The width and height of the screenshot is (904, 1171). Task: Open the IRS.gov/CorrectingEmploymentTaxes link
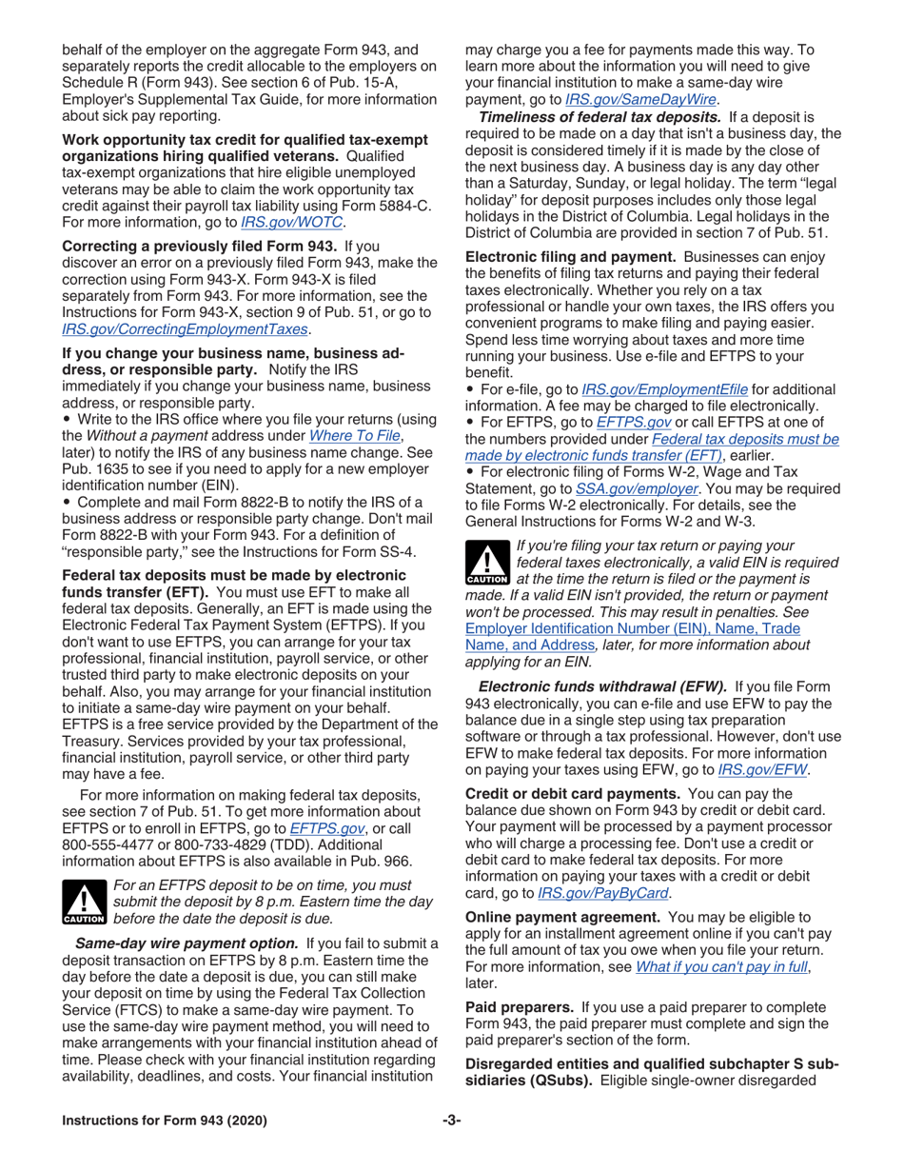pyautogui.click(x=185, y=328)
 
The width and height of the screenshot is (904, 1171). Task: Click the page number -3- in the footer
pyautogui.click(x=451, y=1119)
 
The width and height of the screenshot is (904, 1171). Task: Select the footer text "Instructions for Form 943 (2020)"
pyautogui.click(x=164, y=1119)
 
